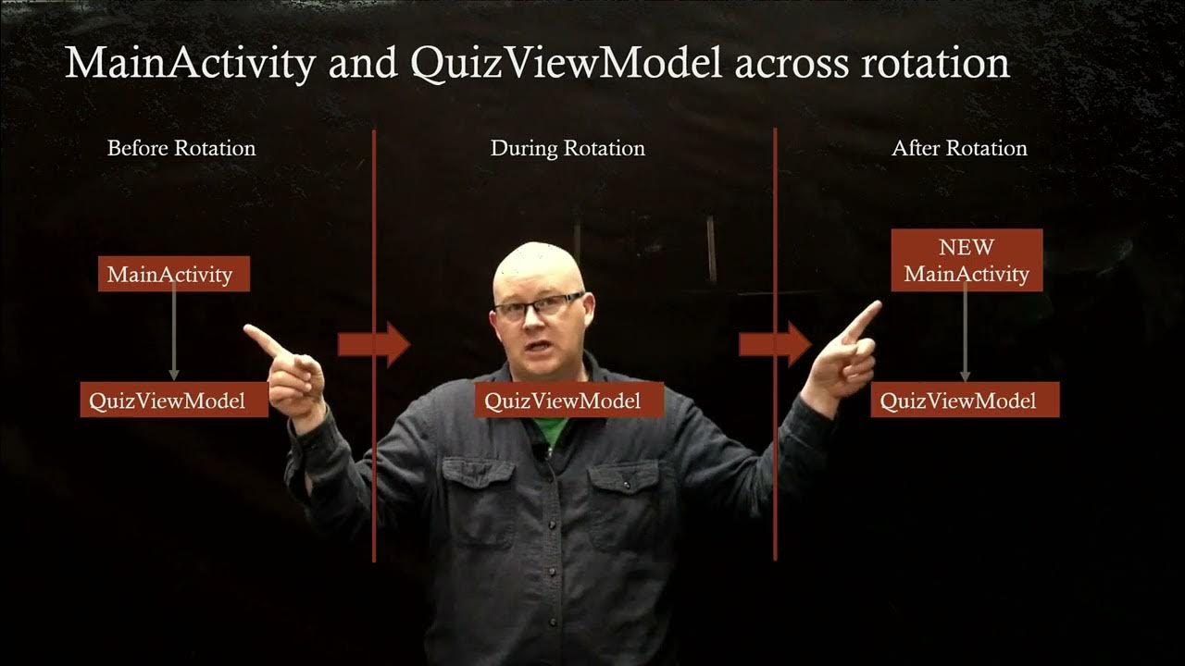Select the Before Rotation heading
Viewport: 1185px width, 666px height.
pyautogui.click(x=181, y=148)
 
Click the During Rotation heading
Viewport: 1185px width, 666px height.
pyautogui.click(x=568, y=148)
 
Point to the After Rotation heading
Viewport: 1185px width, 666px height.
pyautogui.click(x=959, y=148)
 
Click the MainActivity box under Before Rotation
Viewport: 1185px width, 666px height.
pyautogui.click(x=174, y=274)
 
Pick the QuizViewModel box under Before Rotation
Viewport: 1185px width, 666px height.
pyautogui.click(x=174, y=400)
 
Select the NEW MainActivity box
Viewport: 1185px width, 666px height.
pyautogui.click(x=967, y=261)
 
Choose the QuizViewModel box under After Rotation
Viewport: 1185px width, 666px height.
pyautogui.click(x=965, y=400)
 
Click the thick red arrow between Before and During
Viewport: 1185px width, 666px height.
pyautogui.click(x=372, y=345)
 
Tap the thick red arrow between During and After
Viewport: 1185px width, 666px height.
pyautogui.click(x=774, y=345)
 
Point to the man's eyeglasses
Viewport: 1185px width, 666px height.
pyautogui.click(x=539, y=306)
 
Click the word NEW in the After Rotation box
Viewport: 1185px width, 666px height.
pyautogui.click(x=967, y=248)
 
